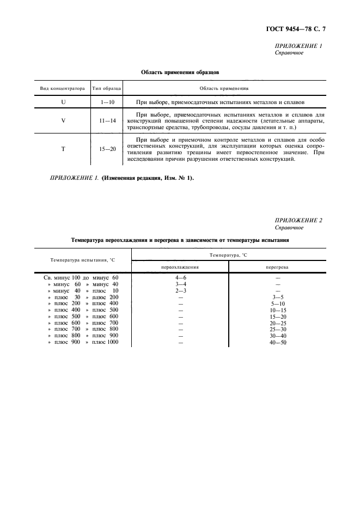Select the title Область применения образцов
tap(180, 71)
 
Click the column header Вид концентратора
tap(63, 88)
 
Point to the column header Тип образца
tap(107, 88)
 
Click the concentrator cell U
tap(63, 102)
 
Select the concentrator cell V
tap(63, 120)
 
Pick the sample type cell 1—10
tap(107, 102)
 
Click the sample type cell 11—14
tap(107, 120)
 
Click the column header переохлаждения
tap(180, 267)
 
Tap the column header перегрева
tap(278, 267)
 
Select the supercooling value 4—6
tap(179, 278)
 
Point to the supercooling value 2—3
tap(179, 290)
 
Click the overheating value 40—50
tap(278, 342)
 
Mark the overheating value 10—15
tap(278, 310)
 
